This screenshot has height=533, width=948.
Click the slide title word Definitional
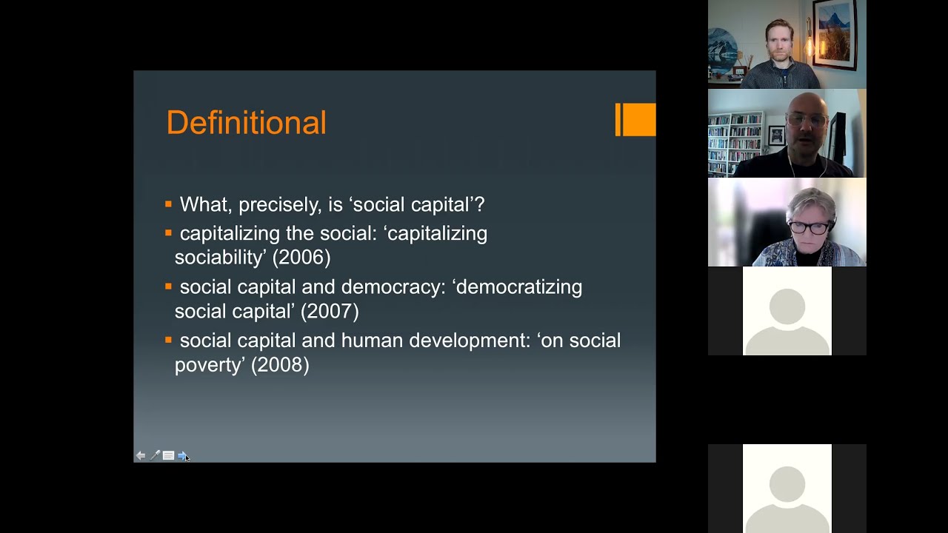click(x=246, y=123)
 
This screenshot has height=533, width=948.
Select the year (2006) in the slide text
click(x=301, y=257)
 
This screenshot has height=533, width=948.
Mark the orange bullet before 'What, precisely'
click(x=169, y=204)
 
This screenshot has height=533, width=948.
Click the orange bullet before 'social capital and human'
click(x=169, y=340)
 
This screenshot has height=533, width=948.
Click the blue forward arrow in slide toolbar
click(x=182, y=455)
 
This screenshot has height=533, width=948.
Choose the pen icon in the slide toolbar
click(x=155, y=455)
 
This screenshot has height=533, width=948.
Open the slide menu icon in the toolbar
click(x=168, y=455)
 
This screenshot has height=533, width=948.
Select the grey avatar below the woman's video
click(x=787, y=311)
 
